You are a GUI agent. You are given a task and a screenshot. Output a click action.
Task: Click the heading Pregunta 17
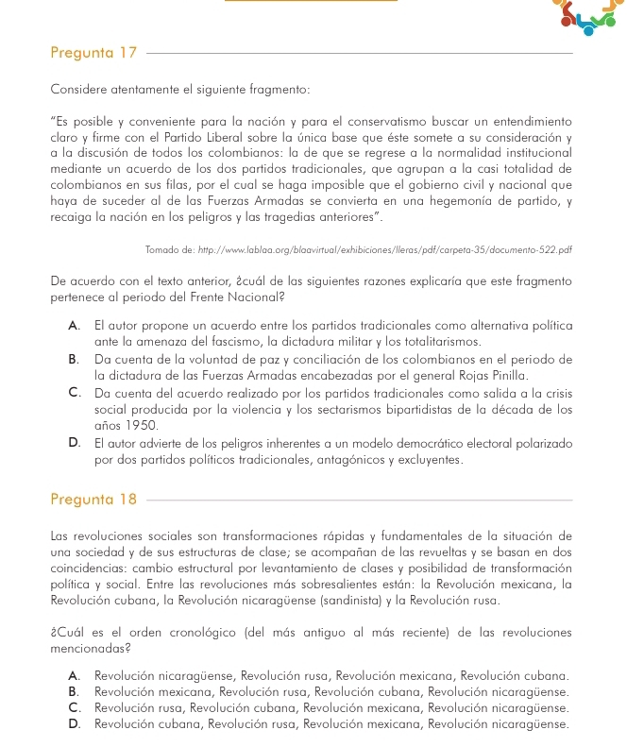pyautogui.click(x=94, y=54)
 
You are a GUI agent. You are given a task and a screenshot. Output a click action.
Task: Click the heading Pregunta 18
pyautogui.click(x=94, y=498)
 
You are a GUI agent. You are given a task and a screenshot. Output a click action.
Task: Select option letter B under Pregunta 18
pyautogui.click(x=75, y=692)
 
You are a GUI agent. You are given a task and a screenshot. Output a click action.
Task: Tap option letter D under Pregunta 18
pyautogui.click(x=75, y=724)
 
